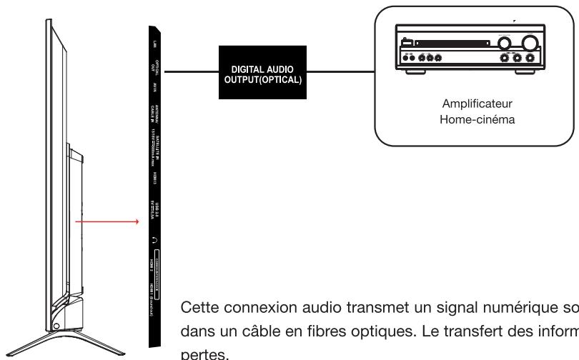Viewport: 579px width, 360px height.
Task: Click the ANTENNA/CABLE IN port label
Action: click(154, 114)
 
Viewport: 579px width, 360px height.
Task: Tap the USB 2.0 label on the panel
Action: click(154, 210)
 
